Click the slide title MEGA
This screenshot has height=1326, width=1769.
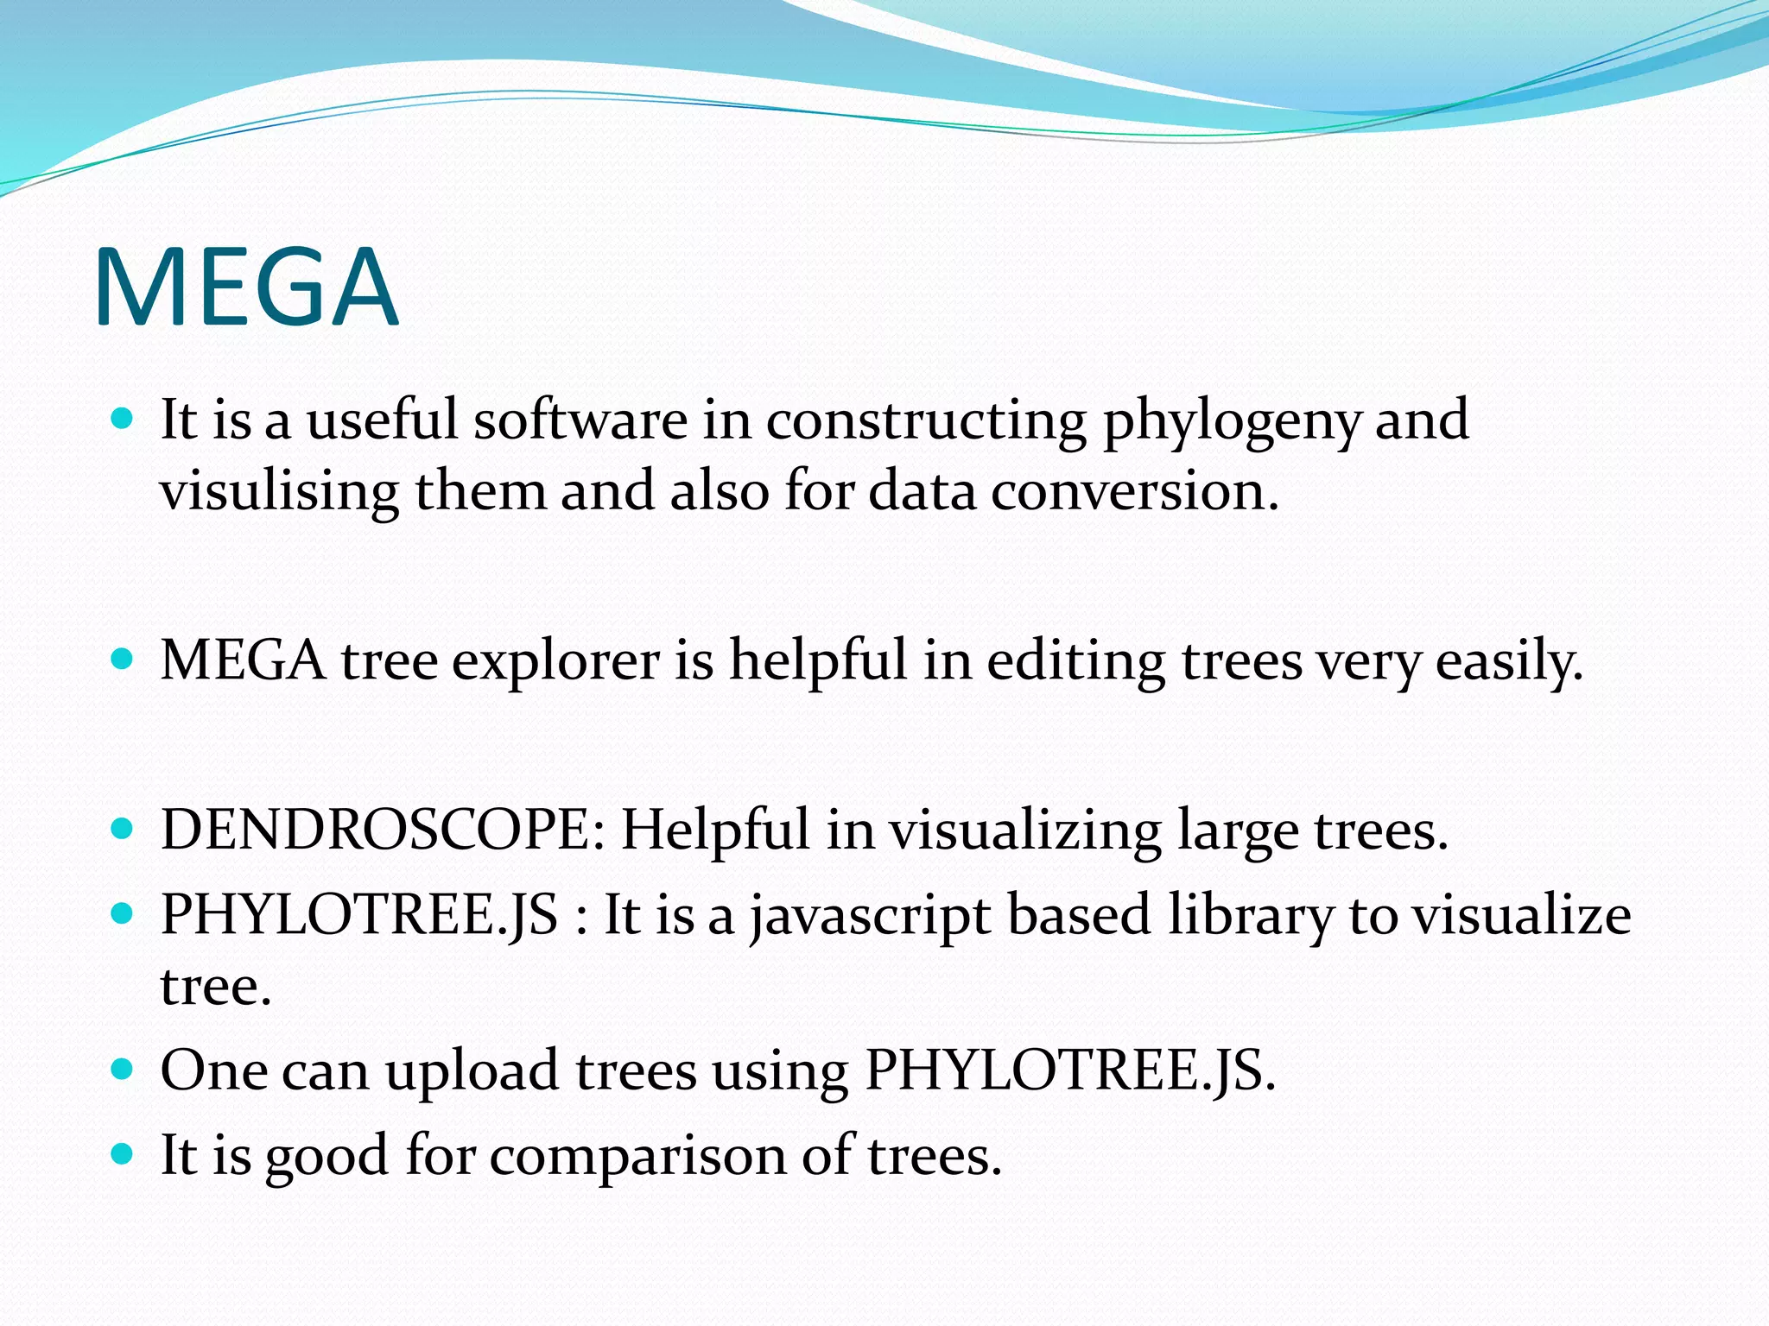click(246, 287)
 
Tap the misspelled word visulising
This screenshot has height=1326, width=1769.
click(279, 492)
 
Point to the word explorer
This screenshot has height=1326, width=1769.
click(556, 661)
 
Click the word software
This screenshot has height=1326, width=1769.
click(580, 421)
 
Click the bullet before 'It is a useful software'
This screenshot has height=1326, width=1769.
click(123, 420)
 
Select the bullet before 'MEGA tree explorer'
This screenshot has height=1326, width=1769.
click(123, 660)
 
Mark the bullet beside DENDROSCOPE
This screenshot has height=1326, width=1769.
click(123, 830)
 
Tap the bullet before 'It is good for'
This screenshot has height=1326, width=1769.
click(123, 1154)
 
